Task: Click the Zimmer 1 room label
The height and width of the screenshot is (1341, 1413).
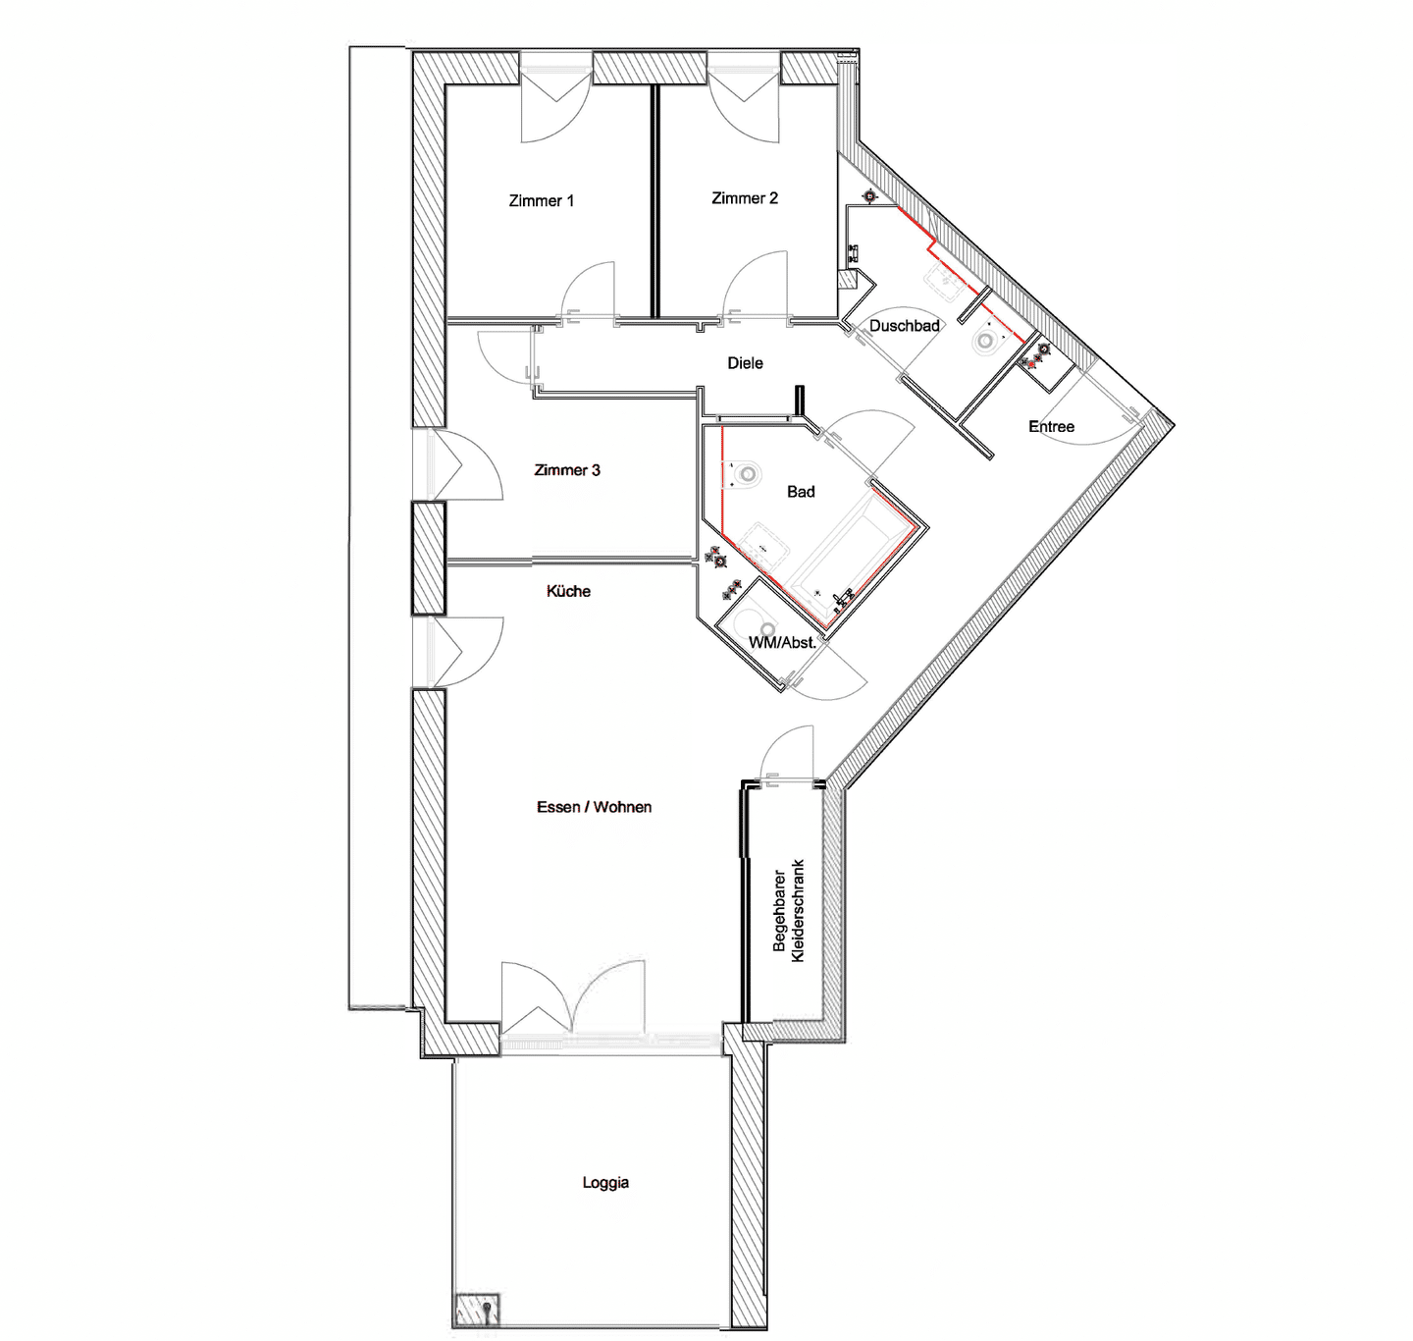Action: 542,200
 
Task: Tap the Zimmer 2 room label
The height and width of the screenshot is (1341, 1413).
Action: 745,197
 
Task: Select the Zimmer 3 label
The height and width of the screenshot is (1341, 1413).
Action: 567,469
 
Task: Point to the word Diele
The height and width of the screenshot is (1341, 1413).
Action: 746,363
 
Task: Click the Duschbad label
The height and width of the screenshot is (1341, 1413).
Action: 905,326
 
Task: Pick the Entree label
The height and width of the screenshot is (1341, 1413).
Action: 1052,426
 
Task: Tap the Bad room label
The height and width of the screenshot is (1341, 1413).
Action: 801,492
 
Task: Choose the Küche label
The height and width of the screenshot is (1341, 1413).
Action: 568,591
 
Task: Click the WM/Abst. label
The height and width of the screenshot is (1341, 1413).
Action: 783,642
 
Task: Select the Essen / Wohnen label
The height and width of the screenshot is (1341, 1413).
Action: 595,807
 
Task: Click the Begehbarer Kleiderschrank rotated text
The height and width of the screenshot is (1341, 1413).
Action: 788,910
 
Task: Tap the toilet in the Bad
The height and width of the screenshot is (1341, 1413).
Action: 743,474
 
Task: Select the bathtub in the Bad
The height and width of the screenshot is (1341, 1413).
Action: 848,555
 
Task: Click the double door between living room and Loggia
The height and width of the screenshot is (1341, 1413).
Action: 573,998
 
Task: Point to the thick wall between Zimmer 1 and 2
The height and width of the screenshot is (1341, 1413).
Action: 654,201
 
